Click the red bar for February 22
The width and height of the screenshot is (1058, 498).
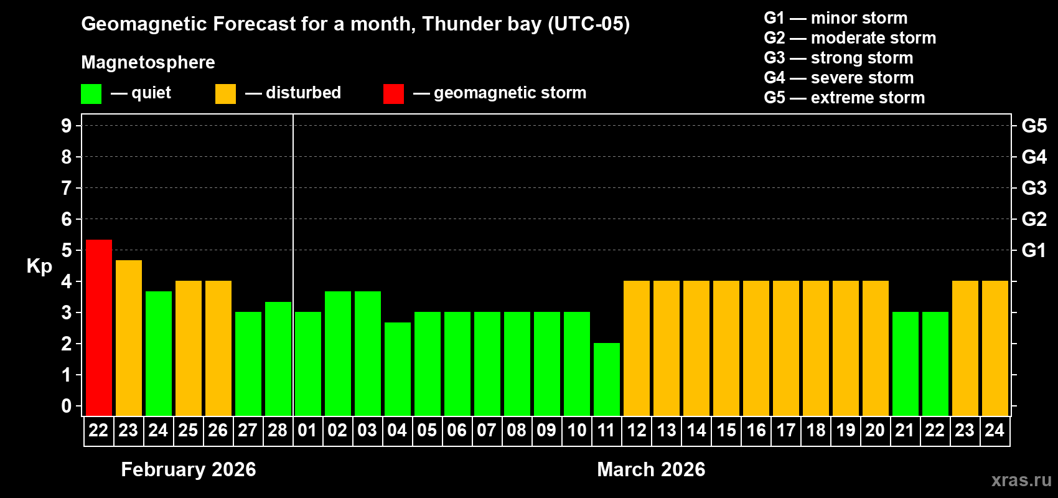[x=99, y=327]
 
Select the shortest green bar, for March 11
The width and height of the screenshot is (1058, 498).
[x=607, y=379]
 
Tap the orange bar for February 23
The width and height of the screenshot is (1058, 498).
[x=129, y=337]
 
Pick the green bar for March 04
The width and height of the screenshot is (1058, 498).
[x=398, y=369]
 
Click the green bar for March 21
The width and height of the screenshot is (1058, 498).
[x=906, y=364]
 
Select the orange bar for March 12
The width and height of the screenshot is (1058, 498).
[x=637, y=348]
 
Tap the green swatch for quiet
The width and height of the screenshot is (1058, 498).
[x=91, y=94]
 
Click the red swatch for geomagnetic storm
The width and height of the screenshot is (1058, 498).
[x=393, y=94]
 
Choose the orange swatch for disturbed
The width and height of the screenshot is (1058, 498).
[x=225, y=94]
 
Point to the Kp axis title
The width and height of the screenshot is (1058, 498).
[x=39, y=266]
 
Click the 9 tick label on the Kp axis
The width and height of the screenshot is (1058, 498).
[x=67, y=126]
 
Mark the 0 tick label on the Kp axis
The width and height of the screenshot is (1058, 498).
[x=67, y=406]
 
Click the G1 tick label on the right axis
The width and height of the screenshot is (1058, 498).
[x=1034, y=250]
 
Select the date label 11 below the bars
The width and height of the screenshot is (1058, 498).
[x=606, y=430]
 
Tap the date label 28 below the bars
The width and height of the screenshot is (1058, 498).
[x=278, y=430]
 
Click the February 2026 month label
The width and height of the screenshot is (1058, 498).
[x=189, y=469]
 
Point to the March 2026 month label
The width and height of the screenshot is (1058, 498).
[x=651, y=469]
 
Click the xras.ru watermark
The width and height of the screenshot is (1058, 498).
[x=1021, y=480]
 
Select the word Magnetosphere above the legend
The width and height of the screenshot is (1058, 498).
[x=148, y=62]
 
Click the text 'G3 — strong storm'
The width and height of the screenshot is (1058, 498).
[x=838, y=58]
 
